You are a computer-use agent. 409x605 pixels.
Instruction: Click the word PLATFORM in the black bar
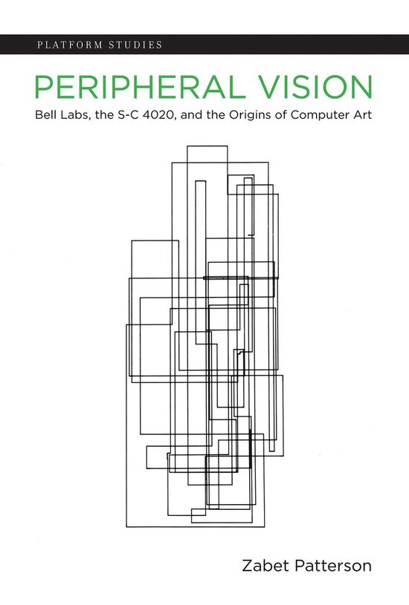point(70,45)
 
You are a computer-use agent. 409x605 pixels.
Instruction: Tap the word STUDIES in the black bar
point(135,45)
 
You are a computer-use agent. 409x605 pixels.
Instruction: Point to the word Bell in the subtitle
point(43,115)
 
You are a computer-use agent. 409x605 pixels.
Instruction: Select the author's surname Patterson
point(333,566)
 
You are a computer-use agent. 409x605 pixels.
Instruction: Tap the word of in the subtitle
point(281,115)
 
